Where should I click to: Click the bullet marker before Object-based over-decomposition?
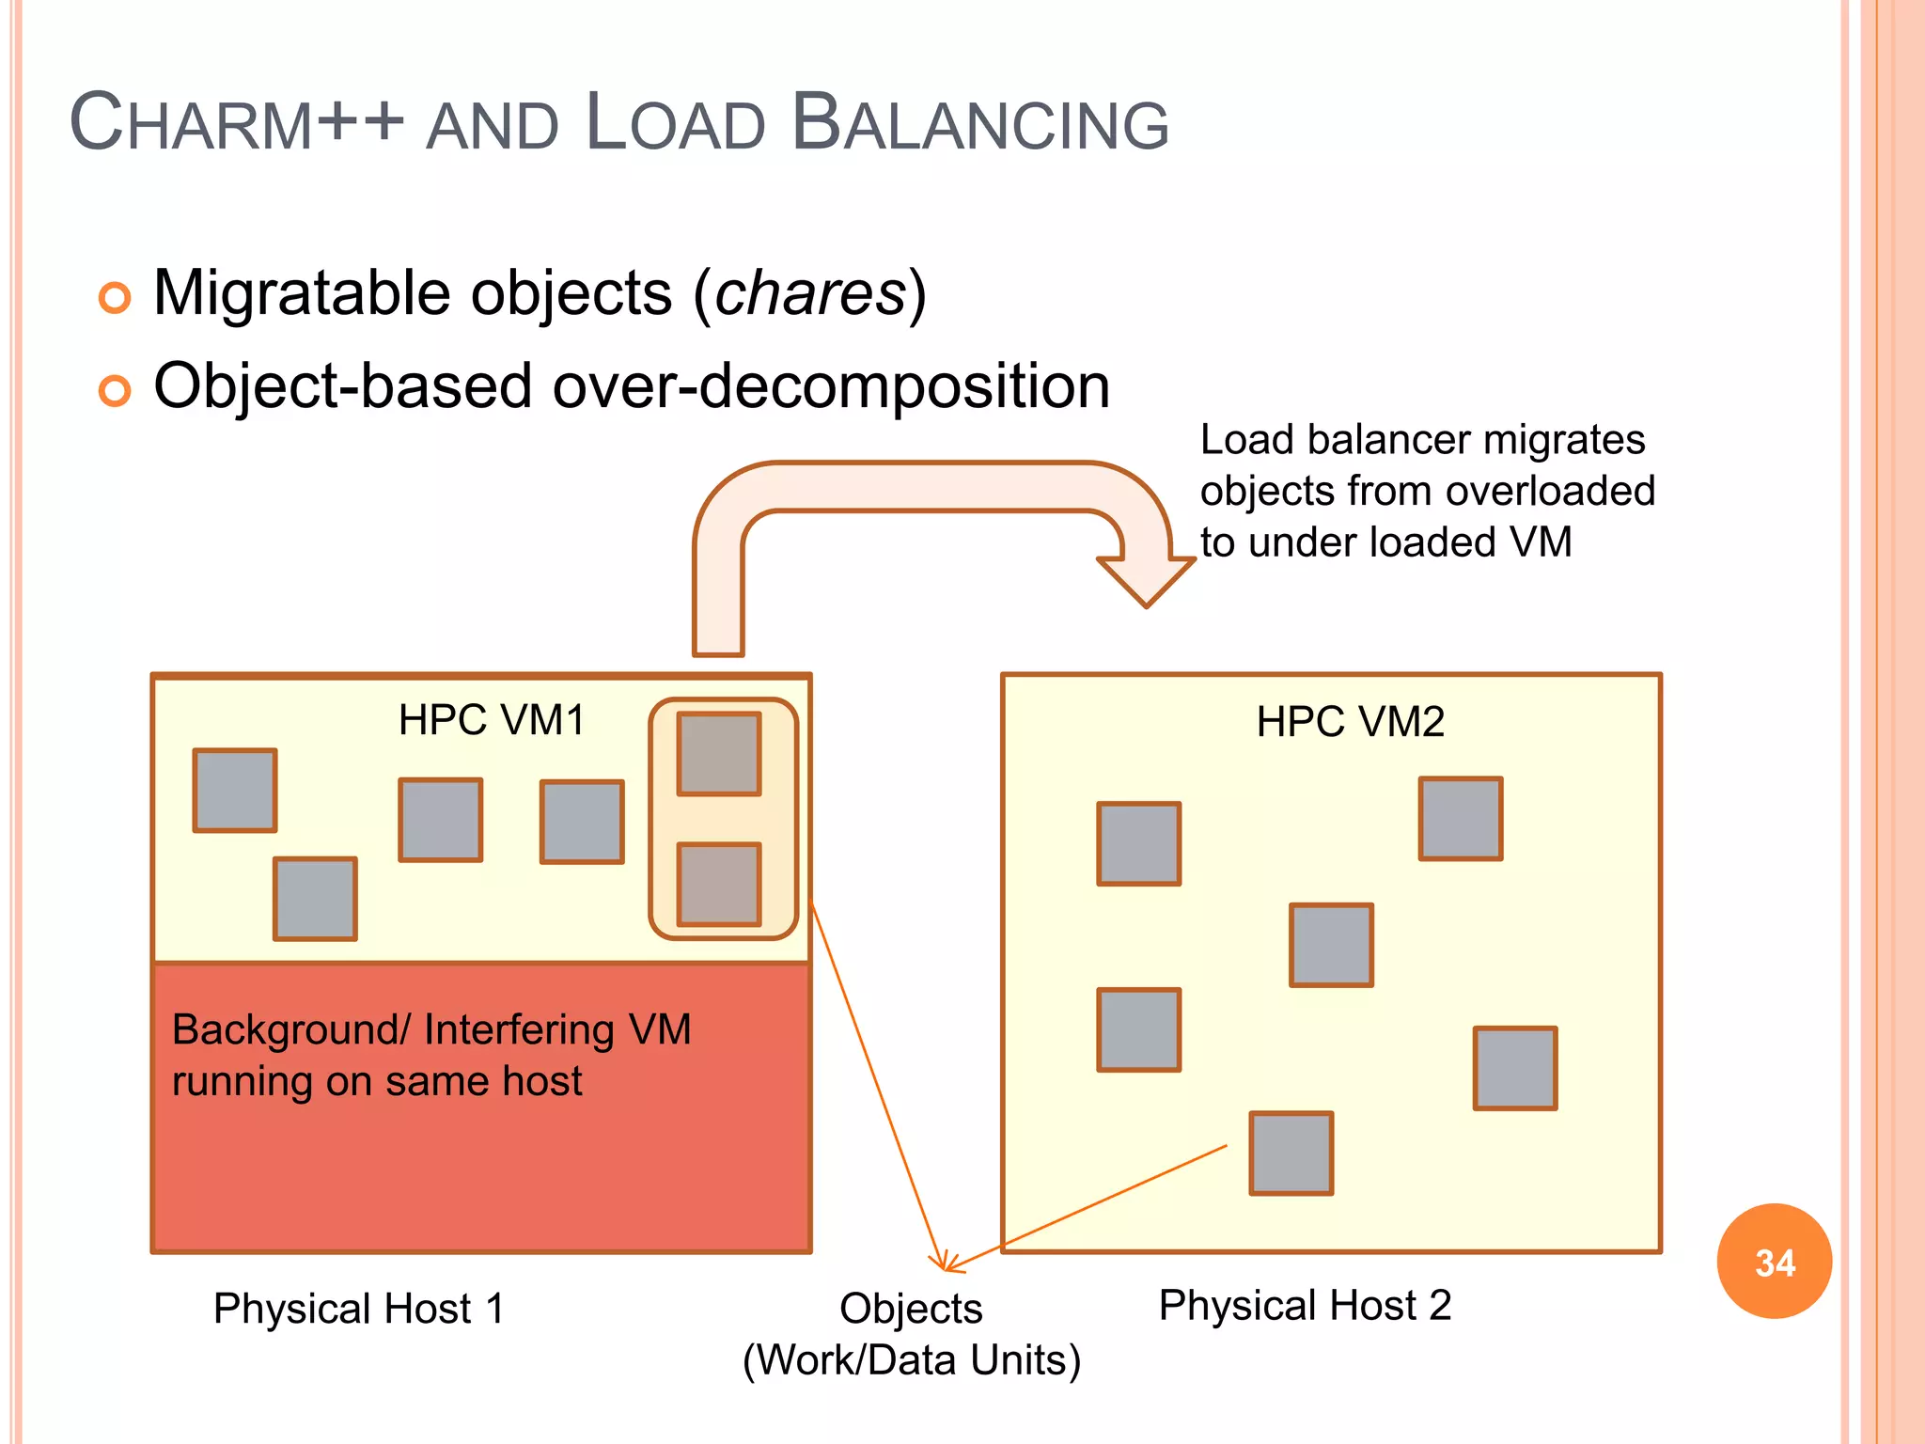click(x=115, y=390)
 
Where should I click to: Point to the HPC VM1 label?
click(x=492, y=721)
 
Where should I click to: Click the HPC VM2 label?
click(x=1350, y=723)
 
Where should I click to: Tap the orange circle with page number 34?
click(x=1774, y=1262)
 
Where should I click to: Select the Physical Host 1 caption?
click(x=359, y=1309)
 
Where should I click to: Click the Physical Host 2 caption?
click(x=1305, y=1306)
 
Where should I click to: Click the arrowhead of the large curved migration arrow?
click(x=1146, y=583)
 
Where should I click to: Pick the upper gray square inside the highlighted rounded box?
click(x=719, y=754)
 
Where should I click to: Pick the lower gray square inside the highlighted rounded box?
click(x=719, y=885)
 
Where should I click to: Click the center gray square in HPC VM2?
click(x=1331, y=945)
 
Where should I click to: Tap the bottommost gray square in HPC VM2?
click(x=1291, y=1154)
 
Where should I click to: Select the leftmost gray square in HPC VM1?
click(x=235, y=791)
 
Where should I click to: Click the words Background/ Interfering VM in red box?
click(x=431, y=1030)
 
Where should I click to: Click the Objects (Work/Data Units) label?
click(x=911, y=1335)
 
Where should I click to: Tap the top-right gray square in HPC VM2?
click(x=1460, y=819)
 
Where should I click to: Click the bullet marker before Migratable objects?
click(x=115, y=298)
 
